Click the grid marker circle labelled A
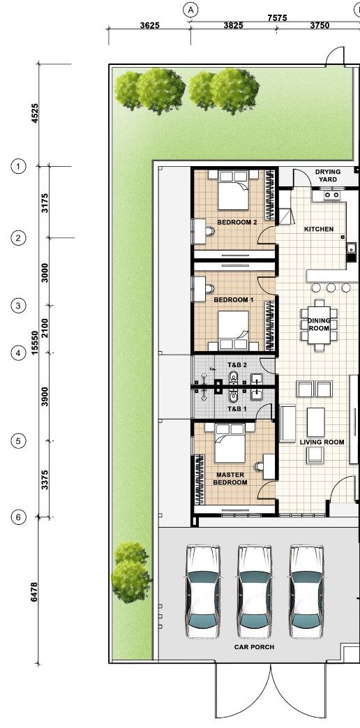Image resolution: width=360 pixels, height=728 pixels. point(190,9)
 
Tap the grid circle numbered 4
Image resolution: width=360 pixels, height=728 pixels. point(18,353)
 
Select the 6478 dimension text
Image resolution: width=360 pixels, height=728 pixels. point(34,593)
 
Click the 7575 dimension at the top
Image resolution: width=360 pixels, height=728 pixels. point(277,17)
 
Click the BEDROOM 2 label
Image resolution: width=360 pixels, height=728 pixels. point(237,223)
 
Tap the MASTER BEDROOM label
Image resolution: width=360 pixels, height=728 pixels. point(230,479)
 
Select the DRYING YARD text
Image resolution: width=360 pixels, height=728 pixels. point(327,175)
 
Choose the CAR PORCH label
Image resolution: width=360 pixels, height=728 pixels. point(254,647)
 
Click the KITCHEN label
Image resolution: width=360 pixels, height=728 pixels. point(319,229)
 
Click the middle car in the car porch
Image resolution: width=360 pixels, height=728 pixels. point(254,591)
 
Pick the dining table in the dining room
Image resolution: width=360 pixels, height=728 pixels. point(319,325)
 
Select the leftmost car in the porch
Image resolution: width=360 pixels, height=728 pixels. point(203,591)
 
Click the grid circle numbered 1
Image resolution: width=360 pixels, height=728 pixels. point(18,165)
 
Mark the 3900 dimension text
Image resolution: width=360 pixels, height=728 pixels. point(45,396)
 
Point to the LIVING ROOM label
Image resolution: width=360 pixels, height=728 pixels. point(322,442)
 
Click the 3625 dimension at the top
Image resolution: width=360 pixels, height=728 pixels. point(149,26)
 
